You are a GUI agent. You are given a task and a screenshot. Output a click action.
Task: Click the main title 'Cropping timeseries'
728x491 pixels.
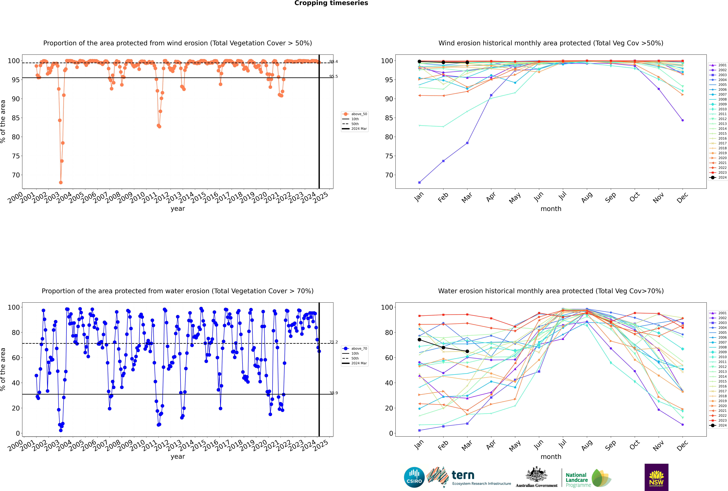click(x=331, y=3)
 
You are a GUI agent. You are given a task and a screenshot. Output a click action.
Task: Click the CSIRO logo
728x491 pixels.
click(x=414, y=477)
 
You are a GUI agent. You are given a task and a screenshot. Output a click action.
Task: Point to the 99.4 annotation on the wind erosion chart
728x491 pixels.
click(x=334, y=62)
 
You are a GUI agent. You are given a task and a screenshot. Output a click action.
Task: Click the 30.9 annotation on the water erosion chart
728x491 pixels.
click(x=334, y=393)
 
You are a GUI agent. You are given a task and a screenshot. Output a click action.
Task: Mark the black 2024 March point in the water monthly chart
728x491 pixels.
click(x=467, y=351)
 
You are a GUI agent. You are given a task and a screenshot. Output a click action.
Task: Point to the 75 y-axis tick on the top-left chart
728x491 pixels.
click(x=16, y=156)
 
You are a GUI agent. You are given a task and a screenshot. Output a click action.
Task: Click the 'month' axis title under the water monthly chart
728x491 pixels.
click(x=551, y=457)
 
